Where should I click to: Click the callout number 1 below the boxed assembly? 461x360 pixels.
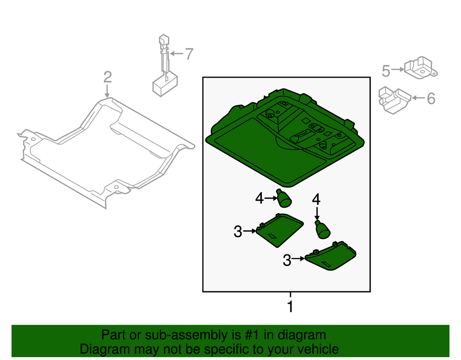[290, 307]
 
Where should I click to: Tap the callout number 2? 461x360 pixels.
[107, 77]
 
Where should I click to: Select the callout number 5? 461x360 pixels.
[386, 71]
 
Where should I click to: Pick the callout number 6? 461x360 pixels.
[431, 99]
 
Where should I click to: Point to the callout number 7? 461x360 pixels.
[189, 54]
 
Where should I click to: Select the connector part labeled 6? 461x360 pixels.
[395, 100]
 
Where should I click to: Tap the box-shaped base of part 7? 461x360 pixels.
[165, 85]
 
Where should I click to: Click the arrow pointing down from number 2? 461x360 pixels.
[107, 91]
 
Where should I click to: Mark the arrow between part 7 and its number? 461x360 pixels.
[177, 53]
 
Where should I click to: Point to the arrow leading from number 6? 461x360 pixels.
[419, 98]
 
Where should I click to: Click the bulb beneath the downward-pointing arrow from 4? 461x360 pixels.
[322, 229]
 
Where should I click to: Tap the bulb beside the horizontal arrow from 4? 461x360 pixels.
[284, 198]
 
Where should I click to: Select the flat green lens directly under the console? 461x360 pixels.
[280, 230]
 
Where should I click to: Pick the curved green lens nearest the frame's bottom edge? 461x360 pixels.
[331, 256]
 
